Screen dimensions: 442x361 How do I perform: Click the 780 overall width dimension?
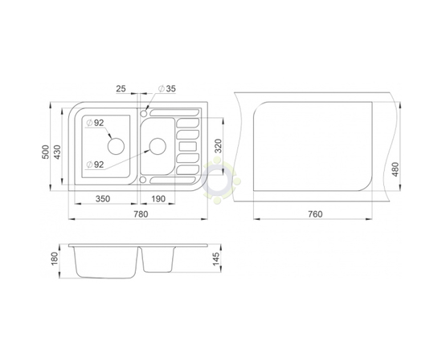tap(141, 214)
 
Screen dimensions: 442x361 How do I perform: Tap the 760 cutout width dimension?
tap(315, 214)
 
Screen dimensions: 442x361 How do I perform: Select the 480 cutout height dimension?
tap(395, 169)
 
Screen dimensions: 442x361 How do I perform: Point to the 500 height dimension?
tap(45, 152)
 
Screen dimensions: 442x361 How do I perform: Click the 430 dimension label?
tap(57, 152)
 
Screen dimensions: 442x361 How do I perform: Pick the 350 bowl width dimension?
tap(103, 199)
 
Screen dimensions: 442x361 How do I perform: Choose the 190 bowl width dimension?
tap(158, 199)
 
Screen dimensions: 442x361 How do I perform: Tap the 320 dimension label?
tap(218, 146)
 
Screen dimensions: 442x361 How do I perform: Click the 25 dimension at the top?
tap(121, 88)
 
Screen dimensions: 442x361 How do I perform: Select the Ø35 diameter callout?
tap(167, 88)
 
